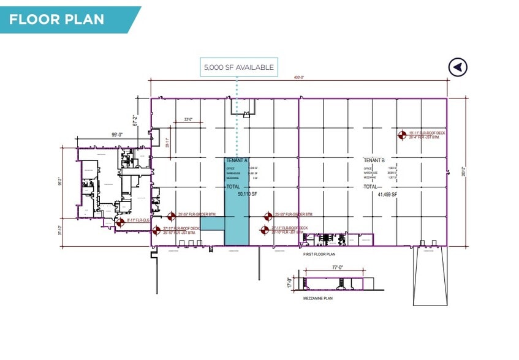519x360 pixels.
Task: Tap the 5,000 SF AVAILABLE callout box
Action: (238, 67)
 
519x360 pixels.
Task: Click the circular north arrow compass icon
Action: (457, 67)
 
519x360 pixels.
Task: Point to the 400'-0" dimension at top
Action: (298, 78)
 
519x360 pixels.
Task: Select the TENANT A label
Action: (236, 160)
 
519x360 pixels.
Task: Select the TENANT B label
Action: (374, 160)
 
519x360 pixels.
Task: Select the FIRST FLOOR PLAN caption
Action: (319, 253)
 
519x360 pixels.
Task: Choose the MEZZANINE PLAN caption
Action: (317, 298)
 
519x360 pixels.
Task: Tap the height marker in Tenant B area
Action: (403, 135)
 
